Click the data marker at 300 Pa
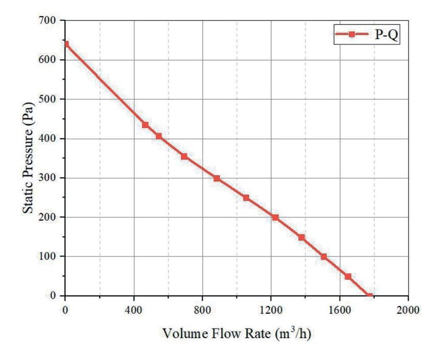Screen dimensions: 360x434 pyautogui.click(x=216, y=178)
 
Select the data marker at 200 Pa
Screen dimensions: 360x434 pyautogui.click(x=275, y=217)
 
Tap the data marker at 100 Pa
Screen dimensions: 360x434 pyautogui.click(x=324, y=256)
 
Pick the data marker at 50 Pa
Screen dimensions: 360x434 pyautogui.click(x=348, y=277)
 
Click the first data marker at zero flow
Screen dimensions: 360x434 pyautogui.click(x=66, y=44)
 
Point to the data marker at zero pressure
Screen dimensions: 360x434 pyautogui.click(x=369, y=295)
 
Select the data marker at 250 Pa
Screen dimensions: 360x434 pyautogui.click(x=246, y=197)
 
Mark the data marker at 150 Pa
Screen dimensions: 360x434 pyautogui.click(x=302, y=237)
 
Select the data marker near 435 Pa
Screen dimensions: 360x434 pyautogui.click(x=145, y=125)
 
